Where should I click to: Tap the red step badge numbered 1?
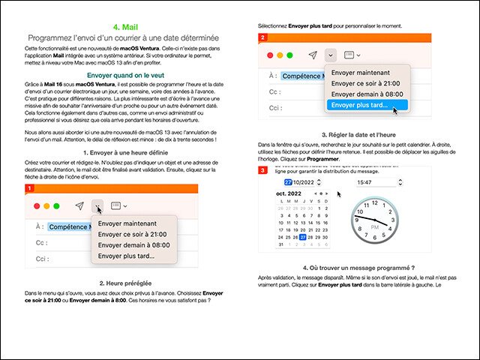click(29, 188)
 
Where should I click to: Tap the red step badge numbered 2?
click(262, 37)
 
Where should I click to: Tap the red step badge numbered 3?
click(262, 171)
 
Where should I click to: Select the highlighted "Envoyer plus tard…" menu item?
click(358, 106)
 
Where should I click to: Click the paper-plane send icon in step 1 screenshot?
click(79, 205)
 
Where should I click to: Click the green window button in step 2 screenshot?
click(289, 55)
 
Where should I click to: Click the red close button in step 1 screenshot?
click(34, 205)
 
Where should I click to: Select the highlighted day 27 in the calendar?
click(302, 237)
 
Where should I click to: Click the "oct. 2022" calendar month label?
click(290, 193)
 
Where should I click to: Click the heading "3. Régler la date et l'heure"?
click(359, 134)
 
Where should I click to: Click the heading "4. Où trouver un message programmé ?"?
click(359, 268)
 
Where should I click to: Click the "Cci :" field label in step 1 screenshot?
click(41, 255)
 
